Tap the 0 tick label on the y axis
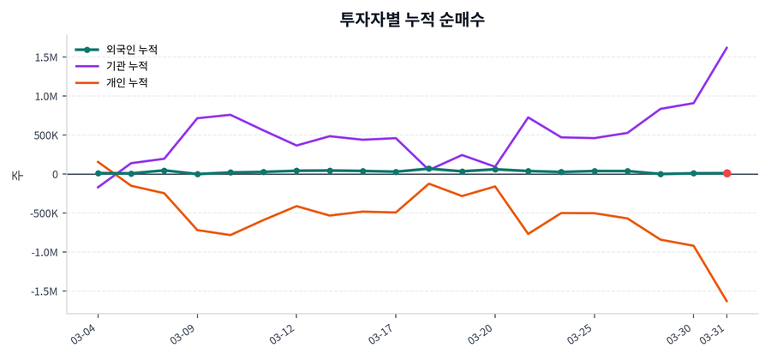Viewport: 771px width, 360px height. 54,174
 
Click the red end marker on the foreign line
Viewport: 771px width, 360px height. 726,173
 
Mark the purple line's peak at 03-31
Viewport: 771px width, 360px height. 726,48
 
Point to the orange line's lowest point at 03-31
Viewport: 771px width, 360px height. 726,301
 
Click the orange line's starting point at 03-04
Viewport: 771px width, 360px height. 98,161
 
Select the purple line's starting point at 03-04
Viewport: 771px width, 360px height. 98,187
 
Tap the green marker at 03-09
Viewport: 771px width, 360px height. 197,174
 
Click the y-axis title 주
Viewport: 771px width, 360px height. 16,175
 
